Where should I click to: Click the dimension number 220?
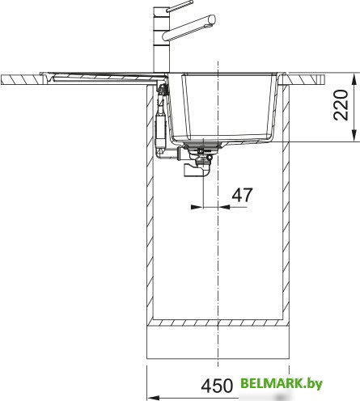(341, 105)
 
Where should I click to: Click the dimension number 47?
(242, 195)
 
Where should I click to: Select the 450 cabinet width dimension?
(217, 386)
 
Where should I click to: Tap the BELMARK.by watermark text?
(282, 383)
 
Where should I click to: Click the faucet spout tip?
(213, 19)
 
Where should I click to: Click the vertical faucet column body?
(161, 40)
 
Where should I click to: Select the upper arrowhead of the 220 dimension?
(354, 78)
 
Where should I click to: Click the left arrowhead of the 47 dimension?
(197, 207)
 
